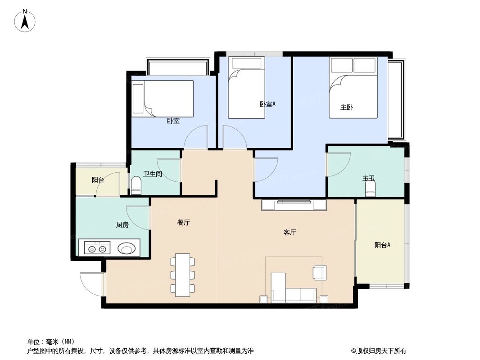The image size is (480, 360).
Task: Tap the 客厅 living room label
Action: (x=290, y=233)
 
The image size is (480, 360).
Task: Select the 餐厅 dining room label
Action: (x=183, y=222)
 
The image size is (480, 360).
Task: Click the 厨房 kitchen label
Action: (x=122, y=225)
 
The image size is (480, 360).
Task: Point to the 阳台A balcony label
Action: (x=382, y=245)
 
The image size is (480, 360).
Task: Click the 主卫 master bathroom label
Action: (x=369, y=179)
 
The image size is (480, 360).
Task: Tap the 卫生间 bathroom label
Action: (x=153, y=174)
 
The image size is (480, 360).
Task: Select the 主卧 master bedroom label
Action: (x=346, y=108)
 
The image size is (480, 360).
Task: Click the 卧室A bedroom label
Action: (x=267, y=104)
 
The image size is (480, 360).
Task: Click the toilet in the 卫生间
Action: (x=136, y=185)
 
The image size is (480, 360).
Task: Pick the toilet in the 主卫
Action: (x=370, y=189)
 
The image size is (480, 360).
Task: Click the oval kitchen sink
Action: (x=127, y=248)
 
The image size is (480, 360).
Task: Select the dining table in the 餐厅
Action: (x=183, y=274)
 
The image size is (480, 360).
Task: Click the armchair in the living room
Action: (x=319, y=272)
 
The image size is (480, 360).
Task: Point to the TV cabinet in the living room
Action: (x=294, y=205)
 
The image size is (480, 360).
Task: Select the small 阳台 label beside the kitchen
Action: (x=98, y=180)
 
